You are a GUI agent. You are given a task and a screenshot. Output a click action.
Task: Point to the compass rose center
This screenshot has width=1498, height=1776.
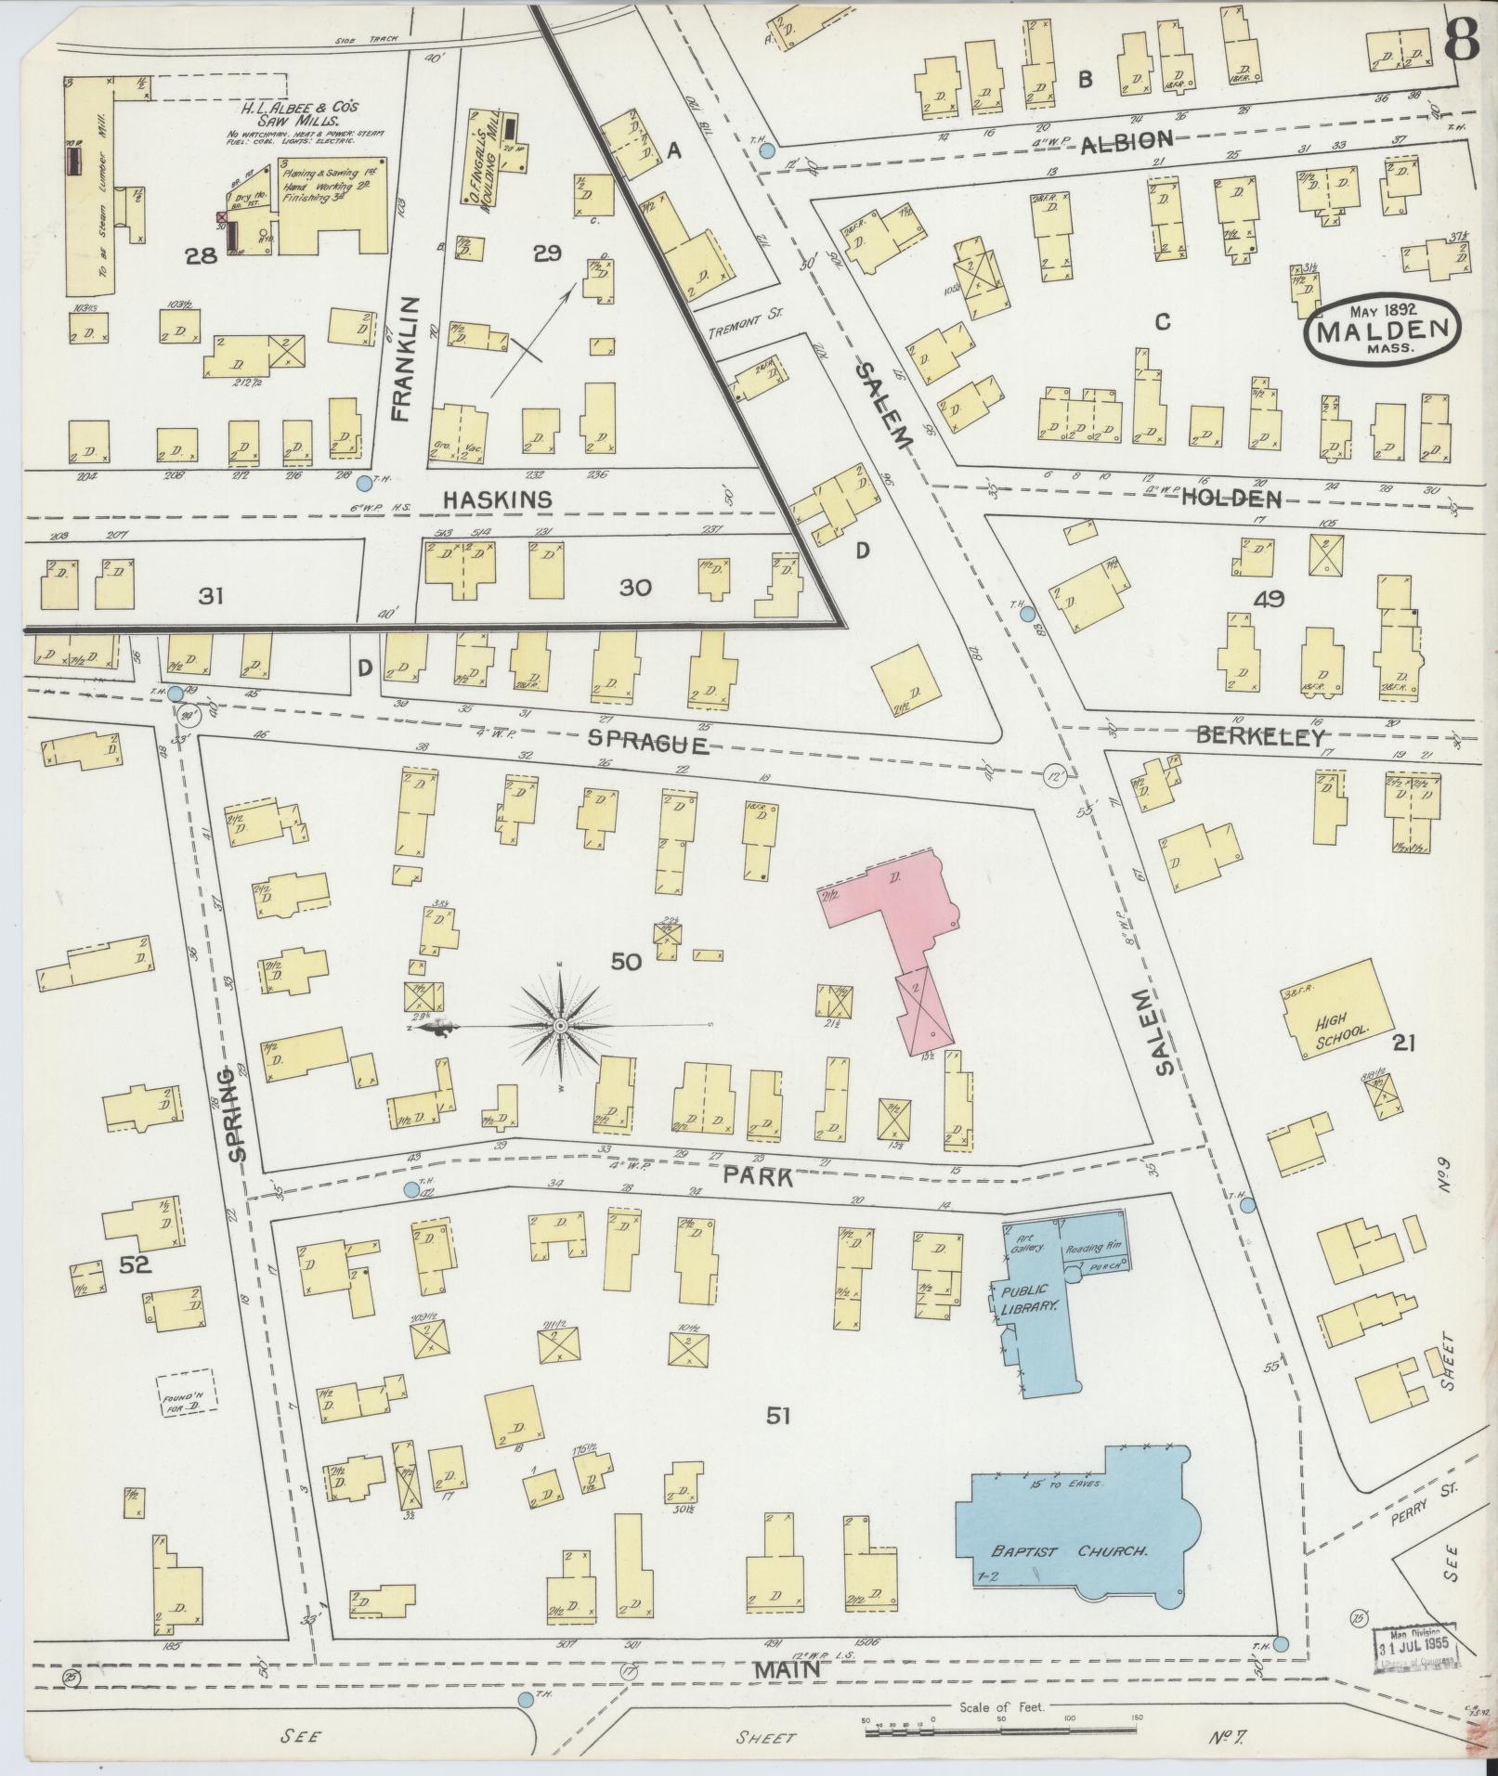coord(561,1025)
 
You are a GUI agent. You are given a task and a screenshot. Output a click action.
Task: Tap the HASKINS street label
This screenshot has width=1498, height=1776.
coord(497,499)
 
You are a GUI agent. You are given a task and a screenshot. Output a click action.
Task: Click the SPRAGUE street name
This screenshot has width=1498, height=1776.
coord(649,745)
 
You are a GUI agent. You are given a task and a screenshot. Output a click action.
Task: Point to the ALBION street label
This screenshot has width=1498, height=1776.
coord(1127,141)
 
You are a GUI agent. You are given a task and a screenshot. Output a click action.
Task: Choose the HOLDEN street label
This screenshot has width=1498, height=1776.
coord(1231,499)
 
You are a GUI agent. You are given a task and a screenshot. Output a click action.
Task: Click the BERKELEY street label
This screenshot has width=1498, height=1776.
coord(1259,737)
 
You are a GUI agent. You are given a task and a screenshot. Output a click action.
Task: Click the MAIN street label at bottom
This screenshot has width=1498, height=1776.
coord(786,1669)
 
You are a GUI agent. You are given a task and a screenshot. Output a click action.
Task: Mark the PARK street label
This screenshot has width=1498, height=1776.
coord(759,1177)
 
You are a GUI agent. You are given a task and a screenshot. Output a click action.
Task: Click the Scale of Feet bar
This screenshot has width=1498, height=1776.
coord(1000,1720)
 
